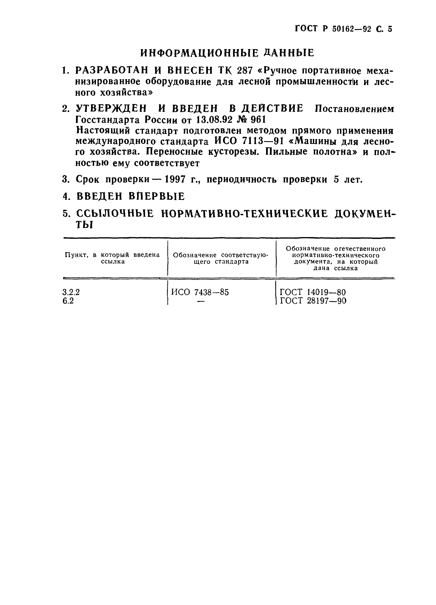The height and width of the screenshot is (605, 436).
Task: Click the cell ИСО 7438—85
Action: click(200, 292)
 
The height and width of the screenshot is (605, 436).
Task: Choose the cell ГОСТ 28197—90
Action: click(313, 301)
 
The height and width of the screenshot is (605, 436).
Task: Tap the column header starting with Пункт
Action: click(112, 258)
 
